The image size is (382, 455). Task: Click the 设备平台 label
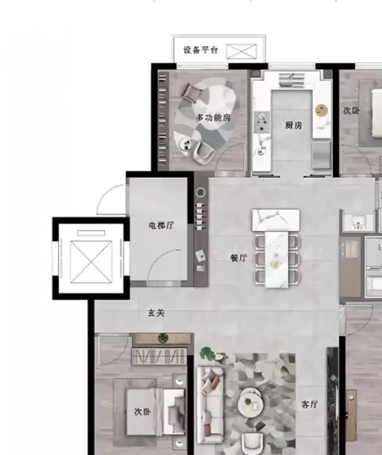pos(201,50)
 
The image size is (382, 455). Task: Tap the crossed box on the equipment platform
pos(241,52)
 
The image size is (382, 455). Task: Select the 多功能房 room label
pos(213,117)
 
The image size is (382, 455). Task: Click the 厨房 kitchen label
pos(294,125)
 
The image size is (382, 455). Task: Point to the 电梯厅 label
pos(161,225)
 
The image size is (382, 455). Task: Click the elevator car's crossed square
pos(91,262)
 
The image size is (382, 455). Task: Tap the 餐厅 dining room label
pos(239,258)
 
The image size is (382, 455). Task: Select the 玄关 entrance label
pos(157,313)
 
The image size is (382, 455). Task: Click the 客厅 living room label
pos(309,404)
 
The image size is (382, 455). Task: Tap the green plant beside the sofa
pos(208,353)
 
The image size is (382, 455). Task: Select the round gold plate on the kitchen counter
pos(322,110)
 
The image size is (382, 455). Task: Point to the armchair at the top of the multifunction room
pos(192,92)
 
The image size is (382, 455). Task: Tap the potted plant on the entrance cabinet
pos(163,338)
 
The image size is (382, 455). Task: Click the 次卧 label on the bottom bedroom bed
pos(143,412)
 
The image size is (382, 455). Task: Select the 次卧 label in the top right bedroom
pos(351,110)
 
